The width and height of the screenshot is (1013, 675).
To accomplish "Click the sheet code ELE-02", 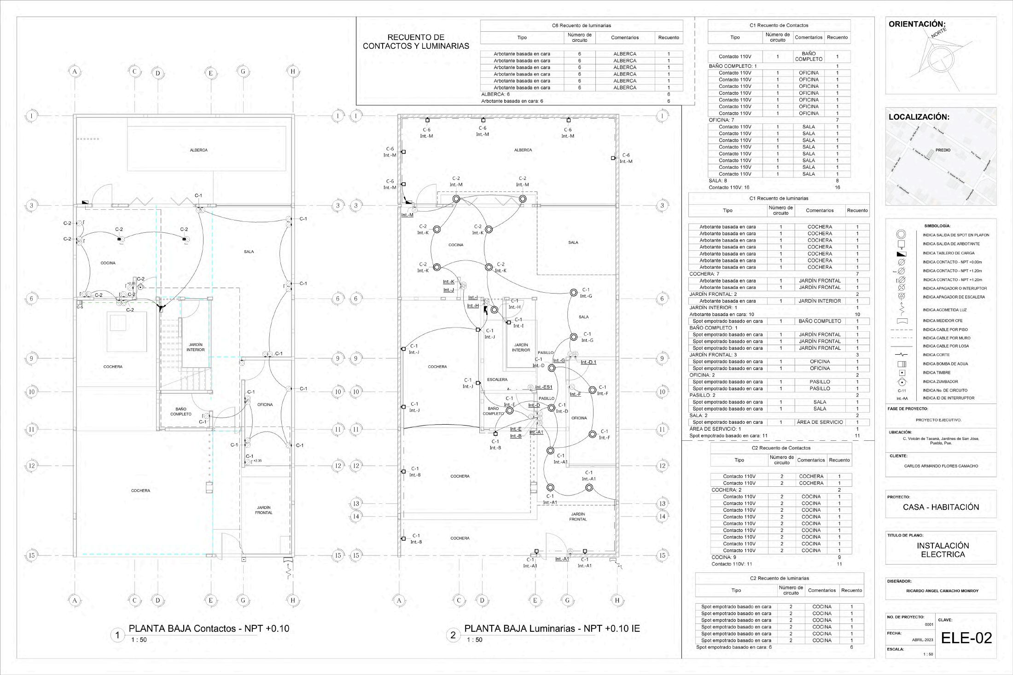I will [966, 638].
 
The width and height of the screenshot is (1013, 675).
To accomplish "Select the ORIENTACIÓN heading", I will [917, 24].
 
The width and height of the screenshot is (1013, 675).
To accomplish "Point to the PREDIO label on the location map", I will [943, 150].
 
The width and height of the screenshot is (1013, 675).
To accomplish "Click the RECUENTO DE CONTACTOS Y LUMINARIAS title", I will [416, 41].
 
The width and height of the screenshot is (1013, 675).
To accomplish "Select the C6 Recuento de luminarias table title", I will [581, 26].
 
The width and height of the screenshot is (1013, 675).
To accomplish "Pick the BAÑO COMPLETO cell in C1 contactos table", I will [809, 57].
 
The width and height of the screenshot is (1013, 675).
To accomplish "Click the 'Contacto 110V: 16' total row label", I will [728, 187].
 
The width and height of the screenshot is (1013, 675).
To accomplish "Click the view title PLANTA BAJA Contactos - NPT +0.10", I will [209, 629].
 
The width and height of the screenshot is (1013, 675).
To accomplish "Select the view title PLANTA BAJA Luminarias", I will [552, 629].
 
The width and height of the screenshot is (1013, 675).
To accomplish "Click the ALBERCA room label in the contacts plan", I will [199, 150].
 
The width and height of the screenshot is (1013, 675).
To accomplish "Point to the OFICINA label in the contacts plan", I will [265, 405].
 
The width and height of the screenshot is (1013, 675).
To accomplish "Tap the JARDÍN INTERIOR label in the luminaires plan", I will [521, 347].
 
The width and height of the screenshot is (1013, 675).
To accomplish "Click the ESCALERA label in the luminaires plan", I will [497, 380].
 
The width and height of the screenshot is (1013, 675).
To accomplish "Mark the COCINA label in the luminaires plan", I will [456, 245].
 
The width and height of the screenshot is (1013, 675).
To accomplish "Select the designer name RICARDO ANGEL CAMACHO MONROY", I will [942, 591].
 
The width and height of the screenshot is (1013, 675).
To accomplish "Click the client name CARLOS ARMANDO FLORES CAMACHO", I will [941, 466].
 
